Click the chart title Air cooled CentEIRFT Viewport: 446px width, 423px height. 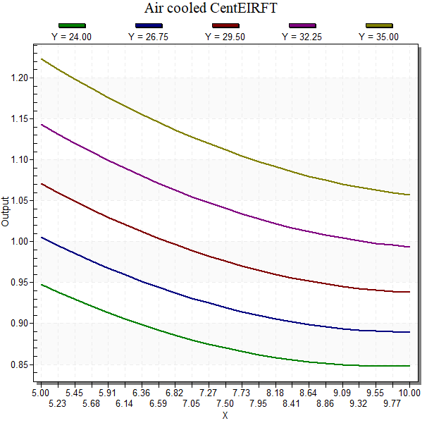click(211, 9)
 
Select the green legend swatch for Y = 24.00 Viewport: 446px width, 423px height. click(72, 26)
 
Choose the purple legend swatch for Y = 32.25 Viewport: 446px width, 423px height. click(302, 26)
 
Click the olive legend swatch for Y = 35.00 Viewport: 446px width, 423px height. click(379, 26)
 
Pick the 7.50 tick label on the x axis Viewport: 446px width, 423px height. click(225, 403)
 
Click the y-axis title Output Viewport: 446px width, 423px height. click(6, 211)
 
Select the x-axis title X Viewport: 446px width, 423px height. click(225, 415)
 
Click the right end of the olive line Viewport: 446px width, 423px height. click(409, 195)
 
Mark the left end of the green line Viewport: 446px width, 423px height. click(41, 285)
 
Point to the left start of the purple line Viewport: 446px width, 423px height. click(41, 124)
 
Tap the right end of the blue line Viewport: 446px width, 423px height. click(409, 332)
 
